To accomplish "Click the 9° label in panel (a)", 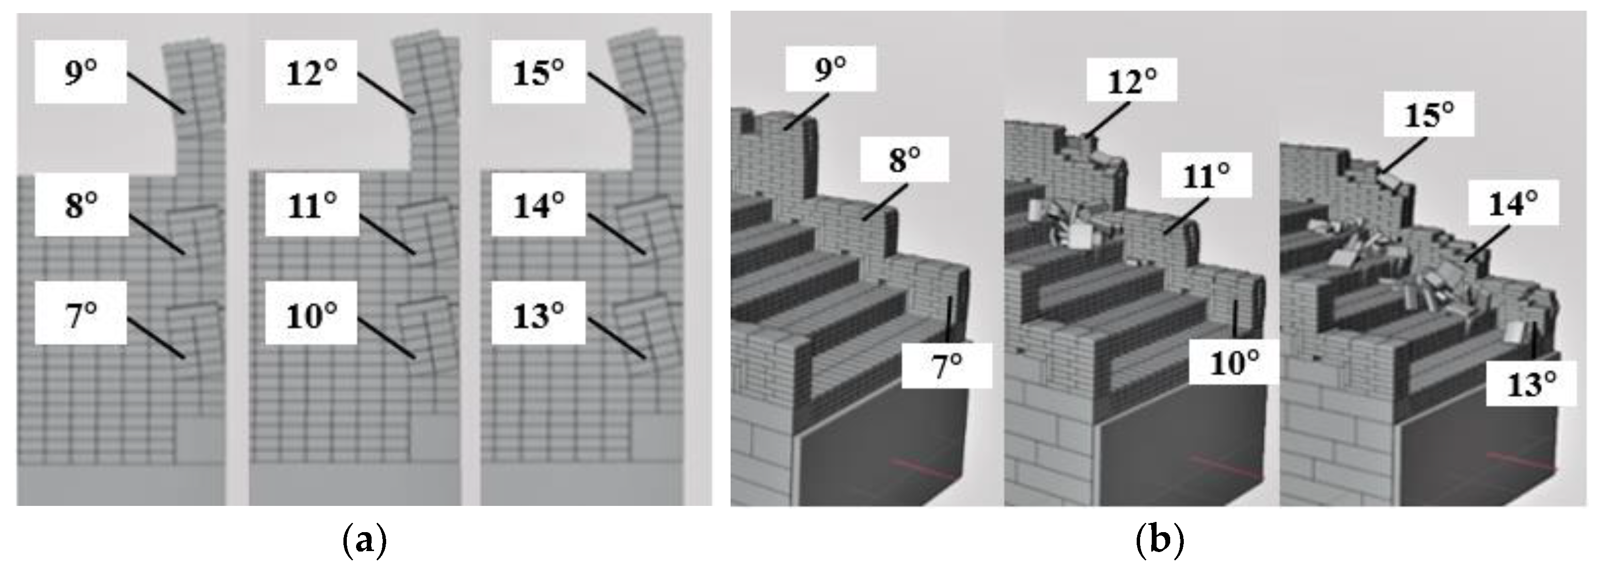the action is pos(81,72).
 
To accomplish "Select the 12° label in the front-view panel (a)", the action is pos(311,72).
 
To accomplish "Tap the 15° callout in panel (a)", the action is pos(538,72).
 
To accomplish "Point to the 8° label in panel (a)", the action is pos(82,205).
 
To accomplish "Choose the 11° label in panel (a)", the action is pos(312,205).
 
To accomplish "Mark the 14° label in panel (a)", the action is pos(538,205).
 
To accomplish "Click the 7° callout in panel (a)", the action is pos(81,313).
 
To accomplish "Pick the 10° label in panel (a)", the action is pos(311,313).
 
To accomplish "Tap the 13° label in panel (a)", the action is pos(538,313).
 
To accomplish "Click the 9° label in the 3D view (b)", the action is pos(831,68).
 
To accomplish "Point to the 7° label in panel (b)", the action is pos(946,366).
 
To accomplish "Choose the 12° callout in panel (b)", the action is pos(1132,80).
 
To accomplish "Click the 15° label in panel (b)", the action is pos(1429,114).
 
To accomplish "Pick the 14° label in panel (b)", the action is pos(1514,202).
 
